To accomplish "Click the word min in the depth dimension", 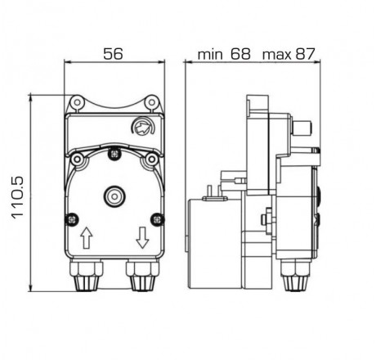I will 211,55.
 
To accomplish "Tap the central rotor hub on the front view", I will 114,197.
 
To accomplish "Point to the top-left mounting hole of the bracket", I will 76,102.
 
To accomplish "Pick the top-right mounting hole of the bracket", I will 151,102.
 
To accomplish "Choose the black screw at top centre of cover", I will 114,154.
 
